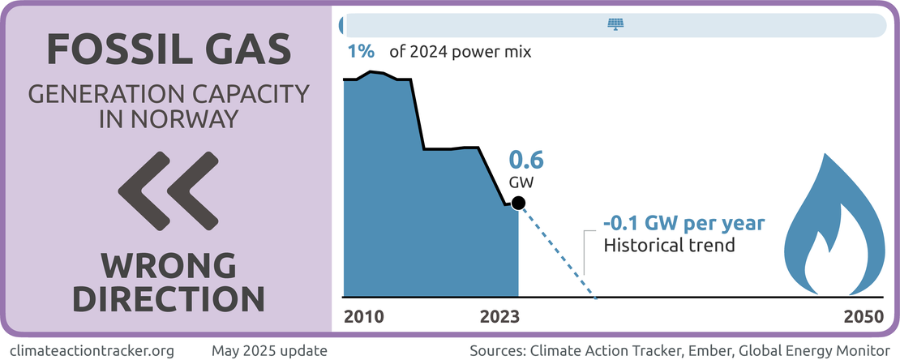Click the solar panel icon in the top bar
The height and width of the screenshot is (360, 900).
[x=616, y=24]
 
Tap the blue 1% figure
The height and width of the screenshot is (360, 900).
[x=361, y=52]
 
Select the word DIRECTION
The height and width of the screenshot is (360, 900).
[x=169, y=298]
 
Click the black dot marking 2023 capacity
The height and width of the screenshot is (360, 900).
[x=519, y=203]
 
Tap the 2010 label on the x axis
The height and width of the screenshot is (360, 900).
[x=364, y=316]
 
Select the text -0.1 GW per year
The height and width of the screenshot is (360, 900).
[x=684, y=224]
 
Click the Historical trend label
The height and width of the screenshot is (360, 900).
[x=670, y=244]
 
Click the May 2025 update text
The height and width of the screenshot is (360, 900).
[x=269, y=351]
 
